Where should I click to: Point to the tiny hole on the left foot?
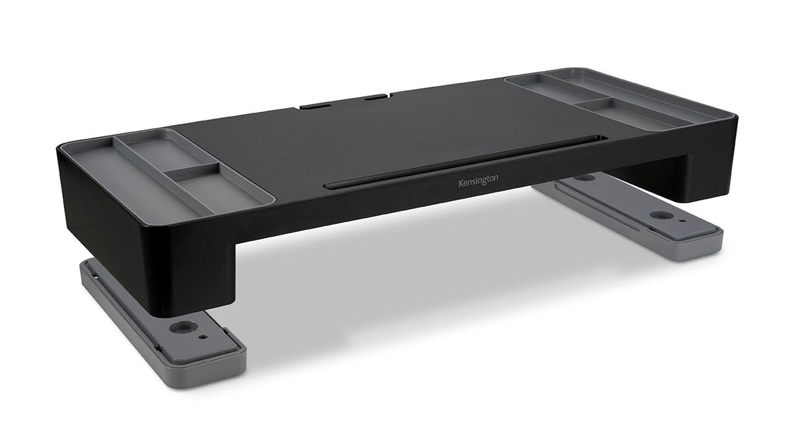(204, 336)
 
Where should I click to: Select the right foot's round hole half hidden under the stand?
(583, 178)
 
